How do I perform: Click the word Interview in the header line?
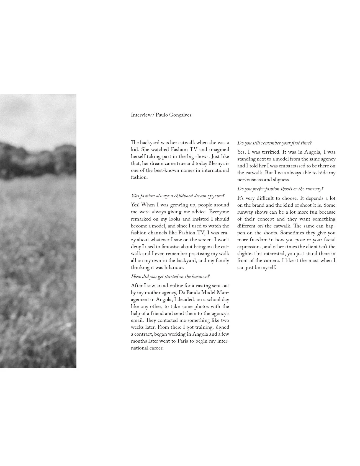click(141, 115)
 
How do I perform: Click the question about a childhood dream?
click(178, 196)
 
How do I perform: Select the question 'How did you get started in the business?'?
click(170, 277)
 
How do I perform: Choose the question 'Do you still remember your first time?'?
click(274, 143)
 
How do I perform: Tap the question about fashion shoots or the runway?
click(280, 189)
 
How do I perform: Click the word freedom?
click(259, 240)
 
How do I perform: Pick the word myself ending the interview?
click(268, 268)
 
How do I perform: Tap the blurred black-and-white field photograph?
click(38, 231)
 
